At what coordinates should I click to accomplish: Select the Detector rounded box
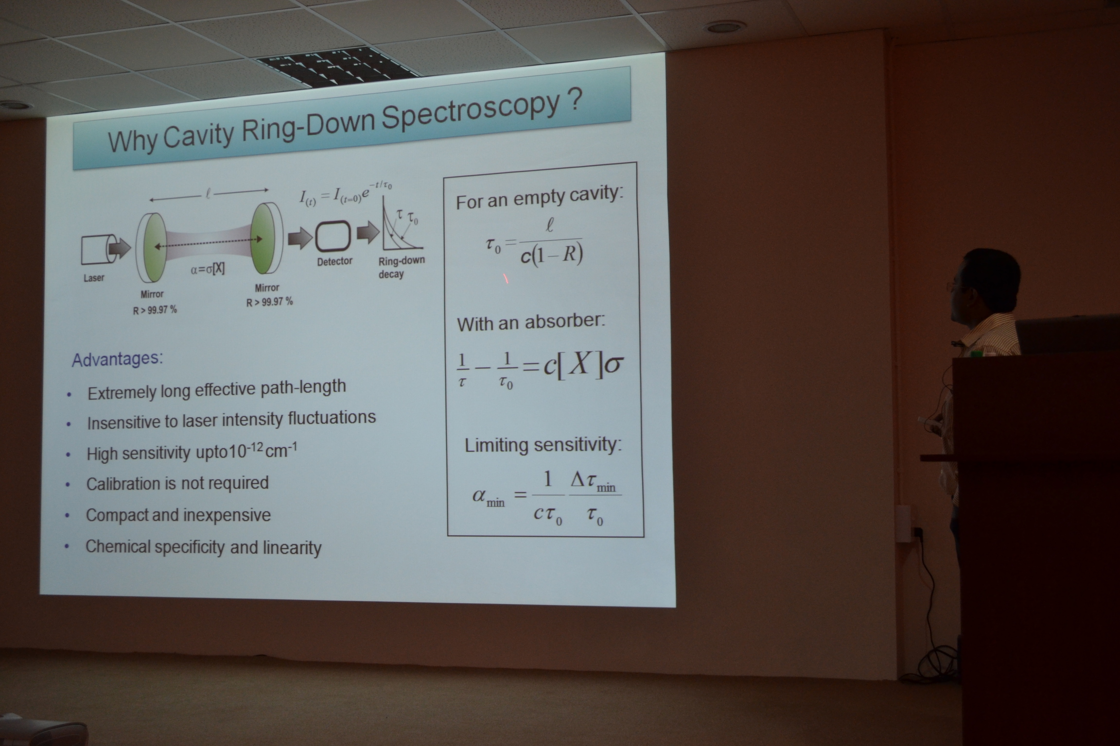point(333,236)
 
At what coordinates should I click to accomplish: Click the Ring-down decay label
point(400,267)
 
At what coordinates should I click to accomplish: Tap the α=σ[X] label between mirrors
point(208,269)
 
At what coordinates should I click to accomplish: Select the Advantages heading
point(117,359)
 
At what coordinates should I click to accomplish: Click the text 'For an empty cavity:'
point(539,198)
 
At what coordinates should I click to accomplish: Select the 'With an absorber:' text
point(531,322)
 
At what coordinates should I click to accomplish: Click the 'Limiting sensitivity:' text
point(543,445)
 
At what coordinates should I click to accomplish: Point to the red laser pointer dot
point(506,279)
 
